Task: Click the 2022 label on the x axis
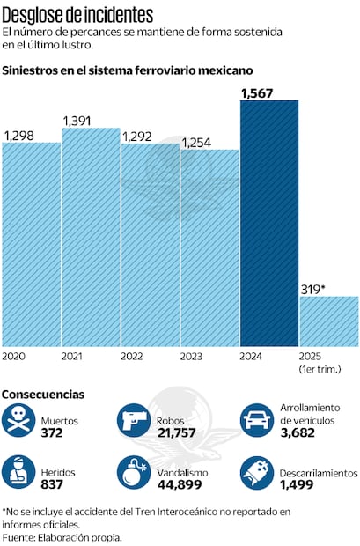coord(133,356)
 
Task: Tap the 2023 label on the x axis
coord(193,356)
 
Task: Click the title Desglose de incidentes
coord(77,15)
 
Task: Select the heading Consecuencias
coord(43,395)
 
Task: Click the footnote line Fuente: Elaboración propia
coord(62,536)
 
